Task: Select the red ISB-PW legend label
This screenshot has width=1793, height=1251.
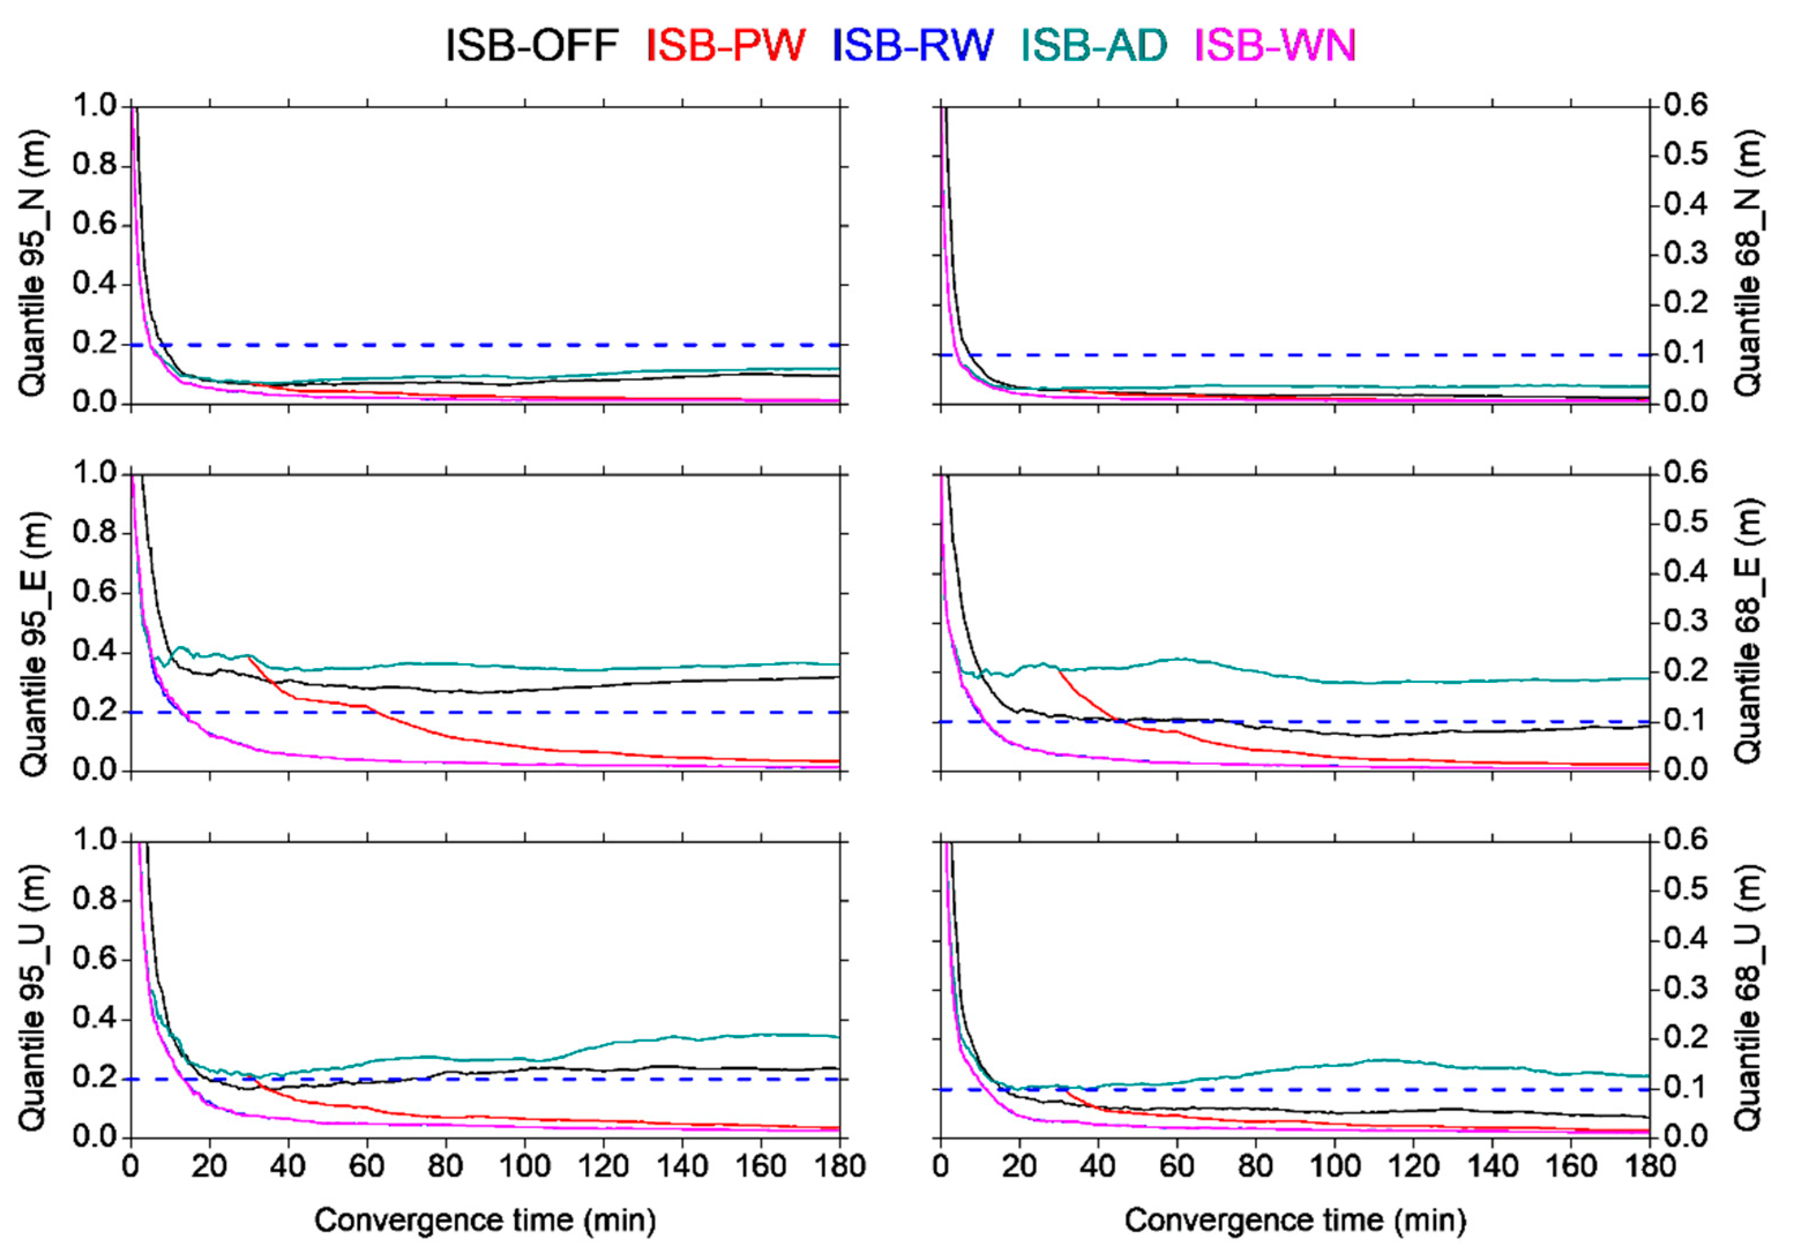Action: (725, 45)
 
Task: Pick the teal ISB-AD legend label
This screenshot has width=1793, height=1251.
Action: (1094, 45)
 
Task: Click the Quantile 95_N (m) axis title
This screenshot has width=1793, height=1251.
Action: (33, 263)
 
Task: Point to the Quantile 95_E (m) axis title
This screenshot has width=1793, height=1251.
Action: (33, 644)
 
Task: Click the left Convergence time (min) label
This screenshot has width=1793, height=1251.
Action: (485, 1220)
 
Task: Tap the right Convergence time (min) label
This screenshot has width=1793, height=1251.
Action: (1295, 1220)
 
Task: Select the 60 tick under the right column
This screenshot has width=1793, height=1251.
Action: (1177, 1166)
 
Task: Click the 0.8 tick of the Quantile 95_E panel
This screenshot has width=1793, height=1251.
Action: (93, 533)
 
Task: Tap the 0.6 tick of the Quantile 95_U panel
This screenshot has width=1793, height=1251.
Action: (93, 959)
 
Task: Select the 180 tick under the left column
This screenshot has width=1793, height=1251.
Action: (840, 1166)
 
